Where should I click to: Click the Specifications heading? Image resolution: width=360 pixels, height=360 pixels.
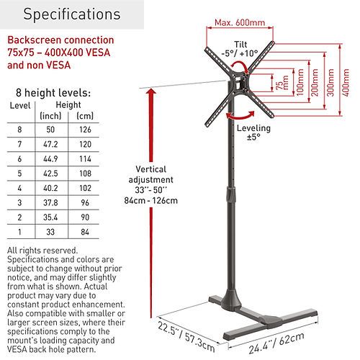pos(72,14)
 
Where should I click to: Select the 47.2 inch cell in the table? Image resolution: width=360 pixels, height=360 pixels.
pos(50,144)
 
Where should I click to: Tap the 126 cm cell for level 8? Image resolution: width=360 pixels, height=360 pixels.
pos(85,130)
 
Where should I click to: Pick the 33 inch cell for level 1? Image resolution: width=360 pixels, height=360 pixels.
pos(50,232)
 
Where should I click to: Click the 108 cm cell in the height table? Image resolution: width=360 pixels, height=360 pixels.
pos(85,174)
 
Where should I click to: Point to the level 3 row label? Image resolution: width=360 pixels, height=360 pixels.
pos(19,202)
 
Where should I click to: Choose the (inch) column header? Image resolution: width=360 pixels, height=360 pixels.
pos(50,116)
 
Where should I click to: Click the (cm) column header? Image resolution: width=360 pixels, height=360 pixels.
pos(85,116)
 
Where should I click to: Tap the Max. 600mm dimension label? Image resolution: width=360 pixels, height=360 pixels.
pos(240,22)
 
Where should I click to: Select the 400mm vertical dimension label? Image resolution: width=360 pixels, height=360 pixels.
pos(346,83)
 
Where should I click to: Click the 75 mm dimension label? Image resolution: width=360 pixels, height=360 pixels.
pos(282,83)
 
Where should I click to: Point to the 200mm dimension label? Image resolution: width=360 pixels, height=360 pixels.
pos(315,83)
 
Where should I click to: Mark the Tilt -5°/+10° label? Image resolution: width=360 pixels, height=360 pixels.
pos(240,49)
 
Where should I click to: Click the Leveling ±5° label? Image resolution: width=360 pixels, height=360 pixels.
pos(253,132)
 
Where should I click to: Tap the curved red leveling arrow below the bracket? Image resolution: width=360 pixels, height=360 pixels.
pos(240,117)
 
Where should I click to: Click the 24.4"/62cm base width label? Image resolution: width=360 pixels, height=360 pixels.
pos(276,343)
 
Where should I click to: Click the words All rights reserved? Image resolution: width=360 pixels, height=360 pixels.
pos(42,251)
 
